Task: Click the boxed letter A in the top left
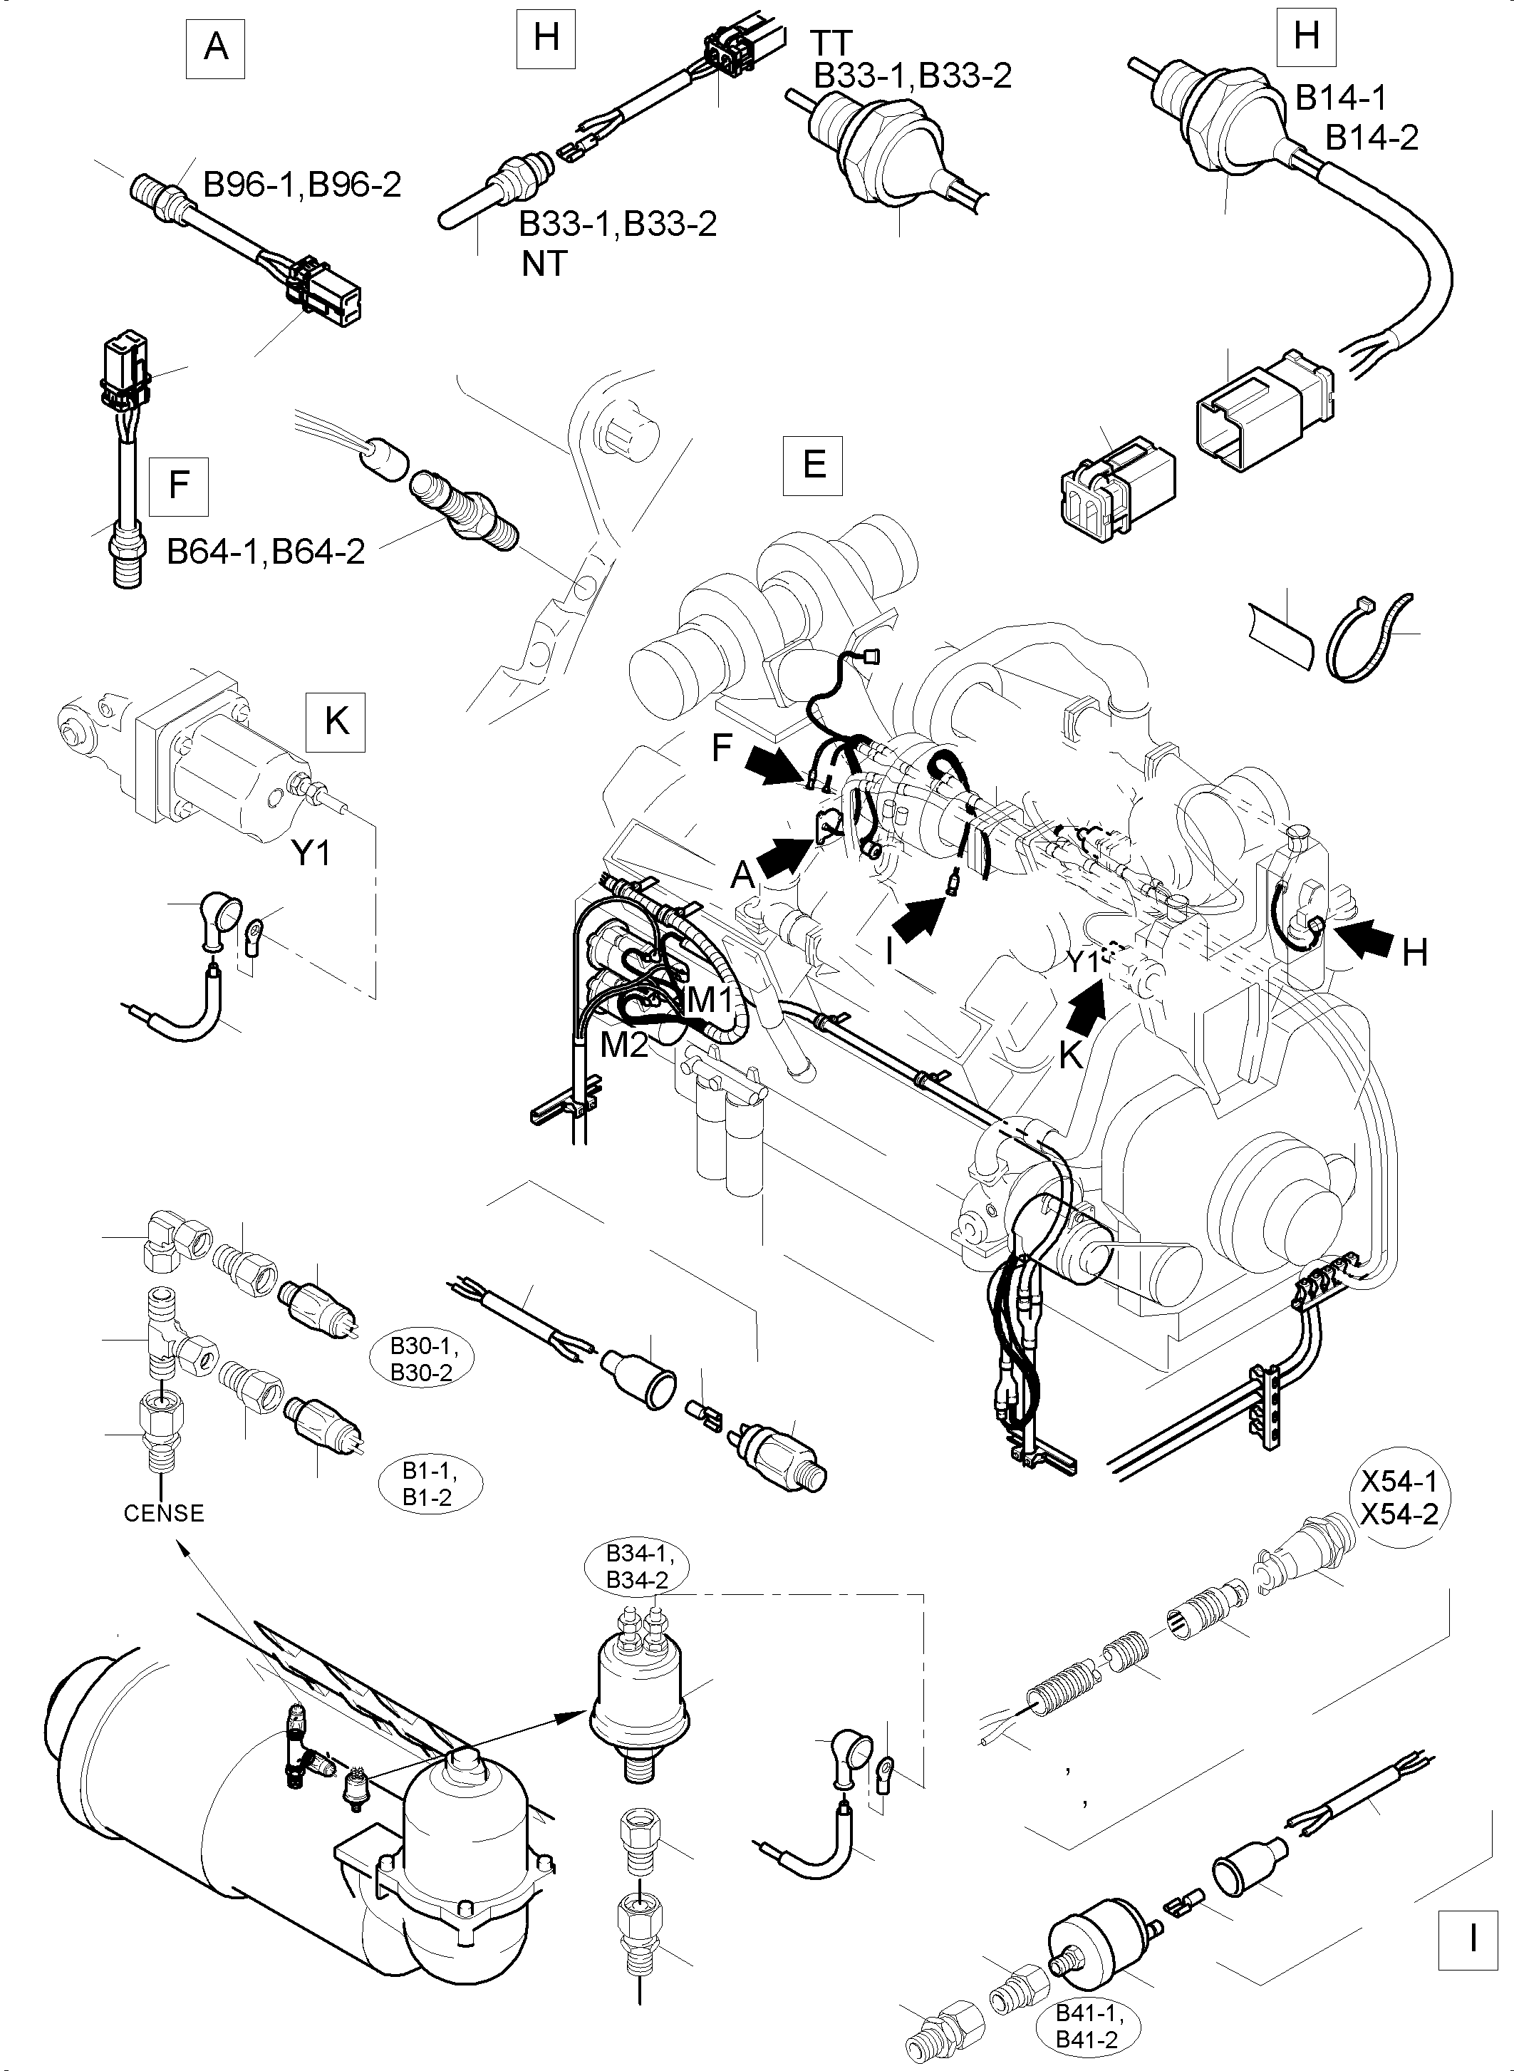[x=217, y=46]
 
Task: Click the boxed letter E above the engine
[x=814, y=465]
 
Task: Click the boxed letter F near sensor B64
[x=179, y=485]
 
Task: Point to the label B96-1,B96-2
[x=301, y=185]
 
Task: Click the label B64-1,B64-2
[x=266, y=551]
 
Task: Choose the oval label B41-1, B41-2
[x=1089, y=2025]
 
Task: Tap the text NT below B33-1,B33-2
[x=544, y=264]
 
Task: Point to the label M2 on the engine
[x=624, y=1044]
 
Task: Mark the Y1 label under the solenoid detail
[x=311, y=854]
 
